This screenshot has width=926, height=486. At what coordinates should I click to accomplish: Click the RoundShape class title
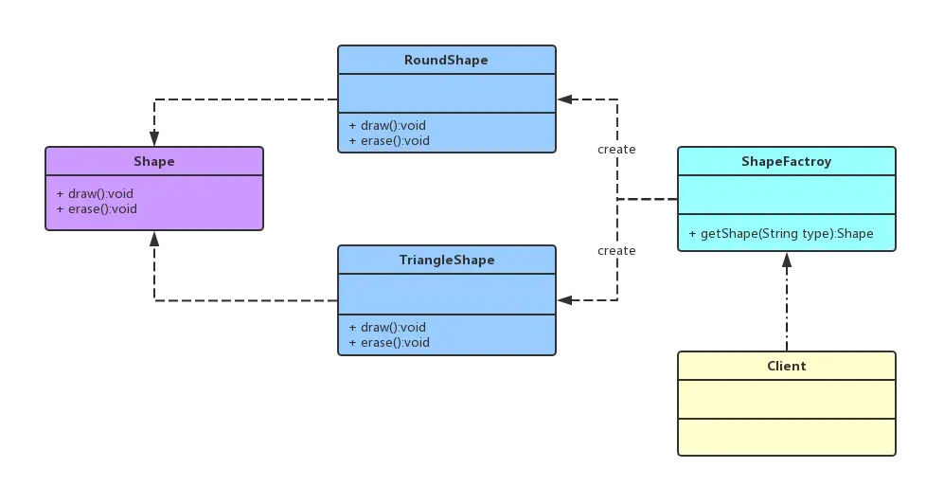point(446,60)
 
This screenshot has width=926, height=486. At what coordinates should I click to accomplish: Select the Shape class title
point(154,161)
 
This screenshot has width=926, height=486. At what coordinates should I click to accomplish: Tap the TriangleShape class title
point(447,261)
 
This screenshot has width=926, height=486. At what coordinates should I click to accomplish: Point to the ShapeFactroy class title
point(787,161)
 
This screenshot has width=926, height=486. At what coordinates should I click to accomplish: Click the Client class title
point(787,366)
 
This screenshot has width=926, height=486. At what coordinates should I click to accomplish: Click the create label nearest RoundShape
point(616,150)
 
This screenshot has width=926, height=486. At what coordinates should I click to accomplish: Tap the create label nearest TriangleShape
point(616,251)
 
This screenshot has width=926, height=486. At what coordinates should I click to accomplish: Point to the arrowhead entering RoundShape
point(564,99)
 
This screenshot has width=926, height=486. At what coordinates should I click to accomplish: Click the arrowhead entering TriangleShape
point(564,300)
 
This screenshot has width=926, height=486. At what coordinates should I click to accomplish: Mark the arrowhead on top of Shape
point(154,138)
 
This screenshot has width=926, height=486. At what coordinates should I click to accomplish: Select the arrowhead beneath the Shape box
point(154,239)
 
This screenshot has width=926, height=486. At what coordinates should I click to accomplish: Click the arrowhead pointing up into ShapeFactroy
point(787,261)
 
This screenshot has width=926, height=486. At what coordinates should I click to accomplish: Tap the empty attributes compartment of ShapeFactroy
point(787,194)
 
